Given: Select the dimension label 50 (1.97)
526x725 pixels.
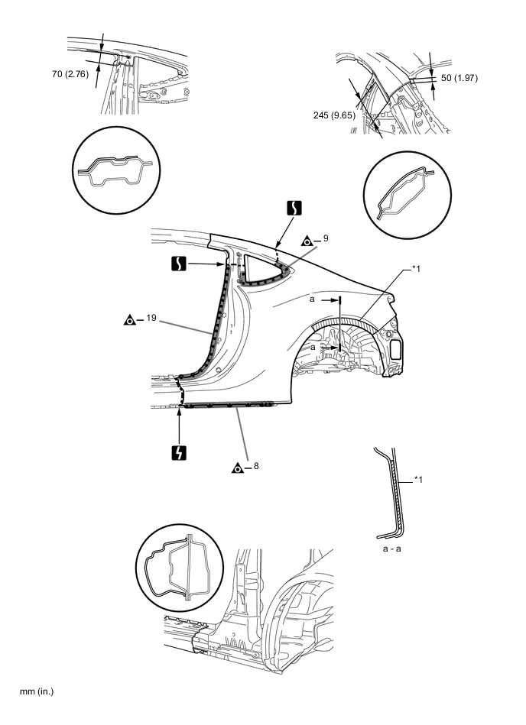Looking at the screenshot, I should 459,78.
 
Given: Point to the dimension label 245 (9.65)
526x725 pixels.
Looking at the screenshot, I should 333,115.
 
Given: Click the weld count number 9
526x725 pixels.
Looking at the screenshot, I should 325,239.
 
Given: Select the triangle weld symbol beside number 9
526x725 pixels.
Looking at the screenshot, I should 306,241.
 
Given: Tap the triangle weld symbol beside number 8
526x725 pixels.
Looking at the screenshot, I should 237,468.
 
